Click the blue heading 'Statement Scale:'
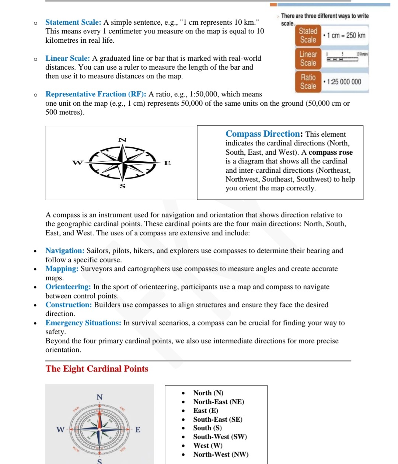73,22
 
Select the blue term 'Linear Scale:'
67,59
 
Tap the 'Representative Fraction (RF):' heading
96,94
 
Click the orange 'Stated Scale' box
308,35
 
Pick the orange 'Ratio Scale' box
308,82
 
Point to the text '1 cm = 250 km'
346,35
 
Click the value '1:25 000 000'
344,82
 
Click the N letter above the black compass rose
122,140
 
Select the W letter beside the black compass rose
77,162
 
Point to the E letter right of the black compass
167,163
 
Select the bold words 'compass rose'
331,152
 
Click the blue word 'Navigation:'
65,251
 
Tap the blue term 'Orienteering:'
68,287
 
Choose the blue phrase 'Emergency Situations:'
83,323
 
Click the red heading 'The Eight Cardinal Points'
97,369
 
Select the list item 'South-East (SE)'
218,419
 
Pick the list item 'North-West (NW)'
221,454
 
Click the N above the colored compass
99,397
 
